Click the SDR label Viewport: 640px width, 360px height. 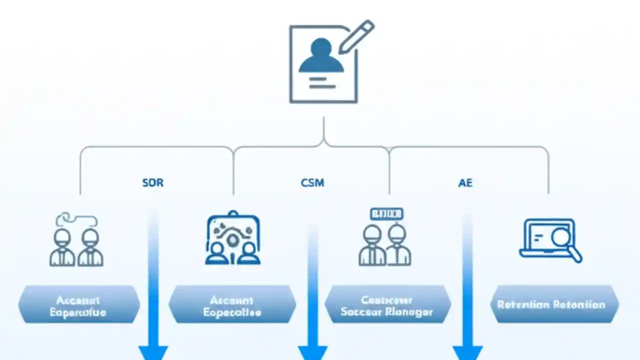pos(152,182)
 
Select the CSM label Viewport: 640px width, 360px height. pos(312,182)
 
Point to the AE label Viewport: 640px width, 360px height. pos(465,183)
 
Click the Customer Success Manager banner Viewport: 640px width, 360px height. pos(387,305)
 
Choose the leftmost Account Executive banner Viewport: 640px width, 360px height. pos(79,305)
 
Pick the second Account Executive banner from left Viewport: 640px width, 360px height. pos(232,305)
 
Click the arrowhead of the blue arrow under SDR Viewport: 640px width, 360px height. pos(153,352)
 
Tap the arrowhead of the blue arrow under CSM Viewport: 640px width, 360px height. pos(312,352)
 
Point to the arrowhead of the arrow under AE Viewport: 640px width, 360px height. pos(467,352)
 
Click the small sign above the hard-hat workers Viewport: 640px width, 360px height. pos(386,214)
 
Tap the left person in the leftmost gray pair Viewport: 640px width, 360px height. pos(62,247)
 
